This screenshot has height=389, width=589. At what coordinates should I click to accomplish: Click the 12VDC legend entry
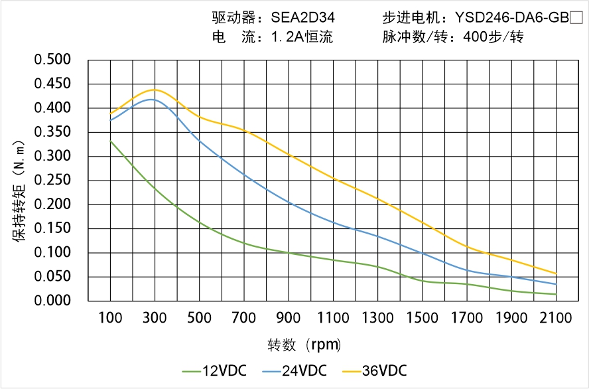(x=214, y=370)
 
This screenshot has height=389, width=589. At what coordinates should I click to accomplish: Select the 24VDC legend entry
(x=294, y=370)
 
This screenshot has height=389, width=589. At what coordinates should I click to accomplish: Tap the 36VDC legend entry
(x=373, y=370)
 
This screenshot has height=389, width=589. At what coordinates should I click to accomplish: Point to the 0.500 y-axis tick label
(x=52, y=60)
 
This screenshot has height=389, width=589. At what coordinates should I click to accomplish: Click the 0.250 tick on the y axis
(x=52, y=181)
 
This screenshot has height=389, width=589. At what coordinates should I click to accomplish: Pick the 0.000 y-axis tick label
(x=52, y=301)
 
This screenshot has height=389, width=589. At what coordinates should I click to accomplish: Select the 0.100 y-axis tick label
(x=52, y=253)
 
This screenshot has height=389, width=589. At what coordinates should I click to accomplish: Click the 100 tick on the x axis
(x=110, y=318)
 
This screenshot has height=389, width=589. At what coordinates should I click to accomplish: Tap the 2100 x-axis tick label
(x=556, y=318)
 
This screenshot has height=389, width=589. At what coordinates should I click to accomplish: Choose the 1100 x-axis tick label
(x=333, y=318)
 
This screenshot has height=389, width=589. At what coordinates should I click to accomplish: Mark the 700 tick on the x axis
(x=244, y=318)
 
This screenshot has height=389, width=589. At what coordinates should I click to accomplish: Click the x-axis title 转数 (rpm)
(x=304, y=345)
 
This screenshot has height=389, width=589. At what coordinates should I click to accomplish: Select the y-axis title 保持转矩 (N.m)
(x=19, y=191)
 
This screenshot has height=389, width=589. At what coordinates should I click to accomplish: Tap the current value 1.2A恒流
(x=302, y=37)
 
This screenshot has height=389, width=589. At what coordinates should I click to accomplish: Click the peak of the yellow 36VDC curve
(x=154, y=90)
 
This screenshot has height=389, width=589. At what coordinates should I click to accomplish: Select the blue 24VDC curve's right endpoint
(x=556, y=284)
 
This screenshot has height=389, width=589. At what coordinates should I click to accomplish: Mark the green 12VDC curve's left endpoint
(x=110, y=141)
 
